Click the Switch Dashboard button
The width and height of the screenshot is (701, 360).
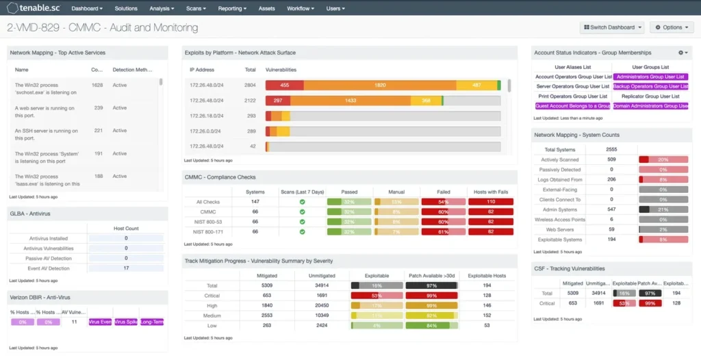(x=611, y=27)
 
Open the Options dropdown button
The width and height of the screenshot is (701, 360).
(x=671, y=27)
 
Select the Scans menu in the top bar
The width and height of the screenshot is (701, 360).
(x=197, y=9)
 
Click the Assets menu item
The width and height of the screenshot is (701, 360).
(x=267, y=9)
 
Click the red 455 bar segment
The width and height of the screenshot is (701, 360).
(x=284, y=85)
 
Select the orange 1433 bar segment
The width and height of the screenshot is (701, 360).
(x=350, y=101)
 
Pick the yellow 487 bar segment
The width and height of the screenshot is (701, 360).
(x=476, y=85)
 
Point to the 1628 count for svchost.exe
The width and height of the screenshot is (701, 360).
(x=97, y=85)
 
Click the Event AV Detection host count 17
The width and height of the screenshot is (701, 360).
(x=126, y=268)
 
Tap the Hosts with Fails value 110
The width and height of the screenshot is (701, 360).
(x=490, y=202)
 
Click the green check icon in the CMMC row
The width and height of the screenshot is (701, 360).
(x=302, y=212)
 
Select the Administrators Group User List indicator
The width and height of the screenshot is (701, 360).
(x=650, y=77)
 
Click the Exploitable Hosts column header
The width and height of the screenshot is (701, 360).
(x=487, y=275)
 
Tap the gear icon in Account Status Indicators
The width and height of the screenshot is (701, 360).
(x=681, y=53)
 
